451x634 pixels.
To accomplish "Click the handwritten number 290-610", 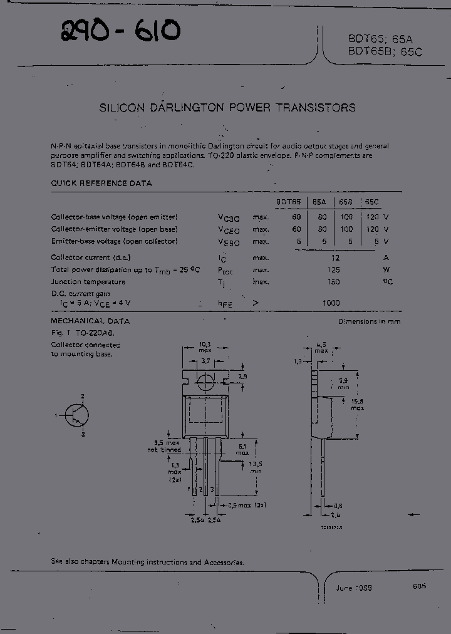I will point(121,31).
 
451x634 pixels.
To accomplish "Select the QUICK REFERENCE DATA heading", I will point(101,184).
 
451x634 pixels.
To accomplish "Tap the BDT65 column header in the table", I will point(289,202).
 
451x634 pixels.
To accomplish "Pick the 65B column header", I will point(346,202).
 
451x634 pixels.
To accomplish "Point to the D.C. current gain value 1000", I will point(331,303).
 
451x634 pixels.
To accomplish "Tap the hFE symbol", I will point(225,303).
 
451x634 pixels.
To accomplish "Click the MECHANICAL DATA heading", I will point(90,321).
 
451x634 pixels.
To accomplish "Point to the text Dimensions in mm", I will point(369,321).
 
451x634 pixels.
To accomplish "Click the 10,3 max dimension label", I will point(205,347).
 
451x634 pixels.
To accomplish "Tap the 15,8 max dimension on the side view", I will point(357,403).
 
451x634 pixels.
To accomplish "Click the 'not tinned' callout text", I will point(164,450).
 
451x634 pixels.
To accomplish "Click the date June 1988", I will point(353,589).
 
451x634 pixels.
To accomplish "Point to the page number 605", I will point(419,586).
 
